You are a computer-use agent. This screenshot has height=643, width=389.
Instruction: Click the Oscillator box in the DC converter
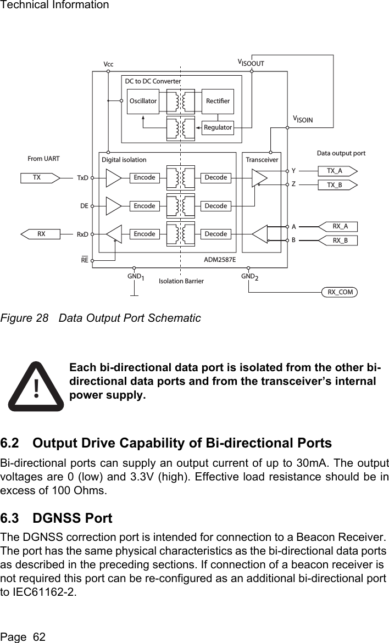tap(142, 101)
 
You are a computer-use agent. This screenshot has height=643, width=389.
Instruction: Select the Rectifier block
tap(218, 101)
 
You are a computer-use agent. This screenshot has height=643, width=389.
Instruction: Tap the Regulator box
tap(218, 127)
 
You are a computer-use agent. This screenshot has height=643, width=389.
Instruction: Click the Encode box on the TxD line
tap(145, 178)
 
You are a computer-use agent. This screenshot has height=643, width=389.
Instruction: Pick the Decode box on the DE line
tap(215, 206)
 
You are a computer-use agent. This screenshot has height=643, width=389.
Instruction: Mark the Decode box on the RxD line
tap(215, 234)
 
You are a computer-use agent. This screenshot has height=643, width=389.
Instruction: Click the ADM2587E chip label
tap(220, 259)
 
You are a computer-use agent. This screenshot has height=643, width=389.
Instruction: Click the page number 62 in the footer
tap(38, 637)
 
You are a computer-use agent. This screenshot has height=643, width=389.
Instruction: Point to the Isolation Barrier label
tap(181, 281)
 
